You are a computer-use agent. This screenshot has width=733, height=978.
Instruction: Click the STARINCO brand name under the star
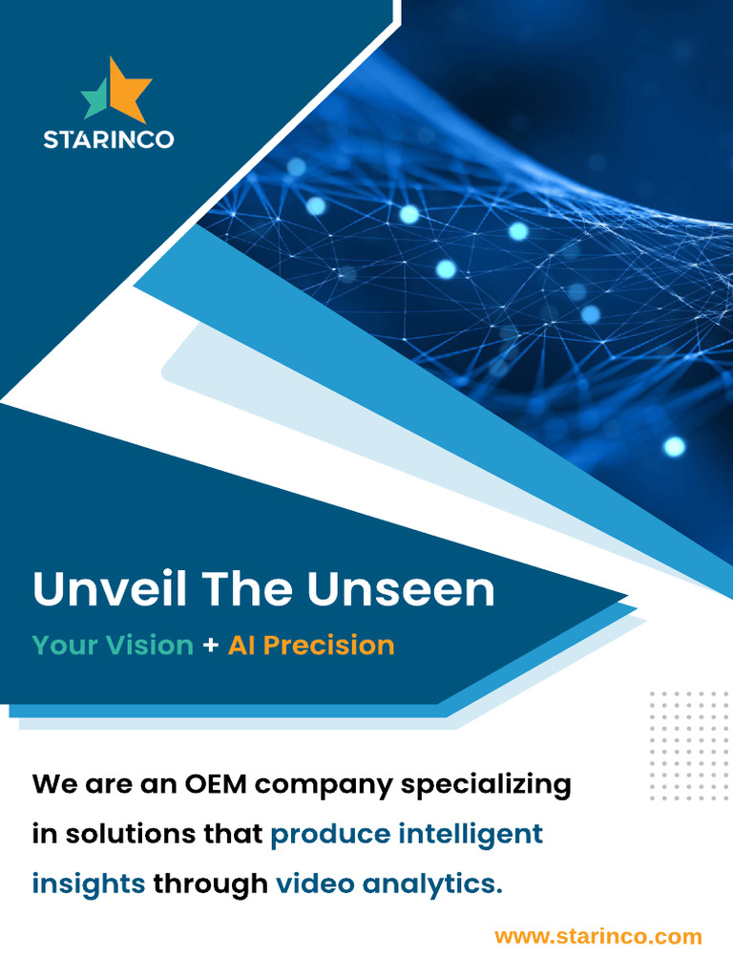(x=109, y=139)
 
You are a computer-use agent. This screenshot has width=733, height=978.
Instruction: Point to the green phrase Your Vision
(x=113, y=645)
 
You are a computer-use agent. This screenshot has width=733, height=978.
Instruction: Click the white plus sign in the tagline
(x=211, y=646)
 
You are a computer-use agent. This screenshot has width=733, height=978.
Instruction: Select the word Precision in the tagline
(x=328, y=645)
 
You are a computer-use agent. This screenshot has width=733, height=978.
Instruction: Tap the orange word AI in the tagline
(x=241, y=645)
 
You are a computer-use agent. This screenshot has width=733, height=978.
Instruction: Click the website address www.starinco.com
(x=598, y=936)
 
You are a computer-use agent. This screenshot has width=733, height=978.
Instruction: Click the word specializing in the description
(x=486, y=786)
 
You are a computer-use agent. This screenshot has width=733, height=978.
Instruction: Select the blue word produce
(x=330, y=835)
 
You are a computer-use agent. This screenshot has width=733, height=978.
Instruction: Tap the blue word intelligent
(x=471, y=835)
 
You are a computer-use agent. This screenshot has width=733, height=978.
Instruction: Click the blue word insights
(x=89, y=884)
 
